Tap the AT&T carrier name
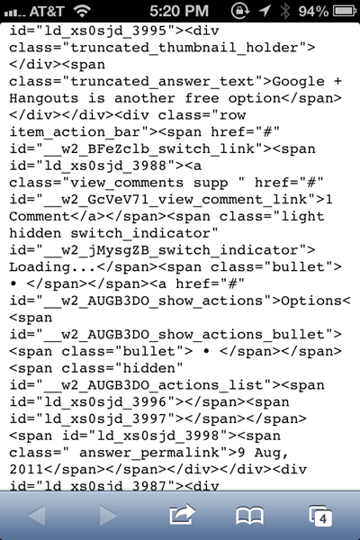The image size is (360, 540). coord(47,12)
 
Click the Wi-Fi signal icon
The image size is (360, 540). coord(82,12)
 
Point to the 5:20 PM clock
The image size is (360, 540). coord(179,12)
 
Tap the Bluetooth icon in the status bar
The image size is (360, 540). coord(285,11)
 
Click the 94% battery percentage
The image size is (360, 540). coord(313,12)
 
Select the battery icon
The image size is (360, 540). coord(345,12)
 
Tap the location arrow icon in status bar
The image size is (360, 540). coord(265,11)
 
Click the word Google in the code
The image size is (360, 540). coord(298,82)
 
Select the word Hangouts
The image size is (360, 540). coord(44,98)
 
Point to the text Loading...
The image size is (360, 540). coord(40,267)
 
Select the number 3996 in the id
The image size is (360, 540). coord(149,402)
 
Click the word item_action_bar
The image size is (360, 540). coord(75,132)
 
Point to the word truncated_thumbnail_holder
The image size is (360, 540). coord(184,48)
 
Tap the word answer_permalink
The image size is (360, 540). coord(149,453)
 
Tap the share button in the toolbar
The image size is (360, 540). coord(182,515)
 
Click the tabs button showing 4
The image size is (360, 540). coord(320,516)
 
